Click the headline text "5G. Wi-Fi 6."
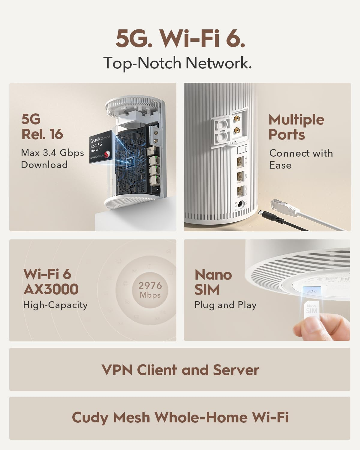180,39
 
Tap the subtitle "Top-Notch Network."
177,63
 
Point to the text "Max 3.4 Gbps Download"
52,159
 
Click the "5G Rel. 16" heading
42,127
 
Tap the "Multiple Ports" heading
296,127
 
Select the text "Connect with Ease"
301,159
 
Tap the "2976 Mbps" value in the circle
150,290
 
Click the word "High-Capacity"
55,305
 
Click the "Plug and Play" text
225,305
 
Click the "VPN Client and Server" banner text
180,370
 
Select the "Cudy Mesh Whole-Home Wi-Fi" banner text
180,417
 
